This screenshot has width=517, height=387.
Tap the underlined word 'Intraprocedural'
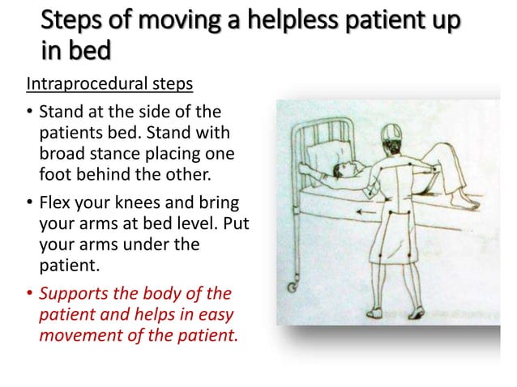(x=78, y=83)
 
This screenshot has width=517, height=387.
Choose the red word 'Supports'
(x=74, y=293)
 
